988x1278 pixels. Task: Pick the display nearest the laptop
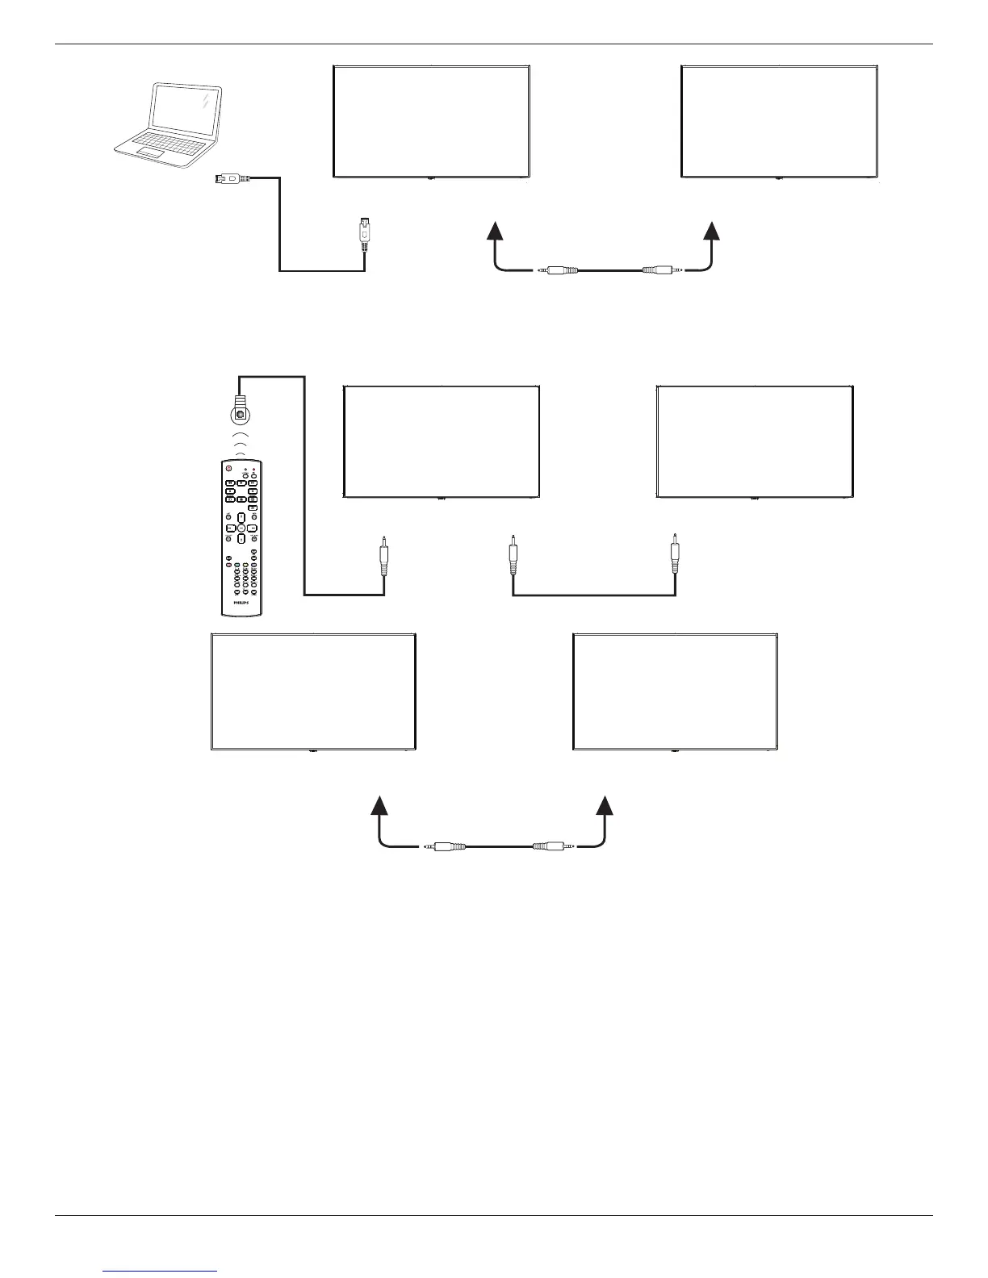(x=431, y=121)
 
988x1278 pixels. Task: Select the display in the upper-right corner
(x=779, y=121)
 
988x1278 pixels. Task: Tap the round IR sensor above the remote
(x=240, y=415)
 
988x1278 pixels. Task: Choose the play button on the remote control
(x=241, y=483)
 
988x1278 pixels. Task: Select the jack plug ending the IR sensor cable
(x=384, y=557)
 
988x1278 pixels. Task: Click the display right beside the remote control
(x=442, y=441)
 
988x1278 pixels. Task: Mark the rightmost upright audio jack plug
(x=675, y=555)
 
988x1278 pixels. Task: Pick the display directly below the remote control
(x=313, y=692)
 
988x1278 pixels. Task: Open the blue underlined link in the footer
(x=161, y=1272)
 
